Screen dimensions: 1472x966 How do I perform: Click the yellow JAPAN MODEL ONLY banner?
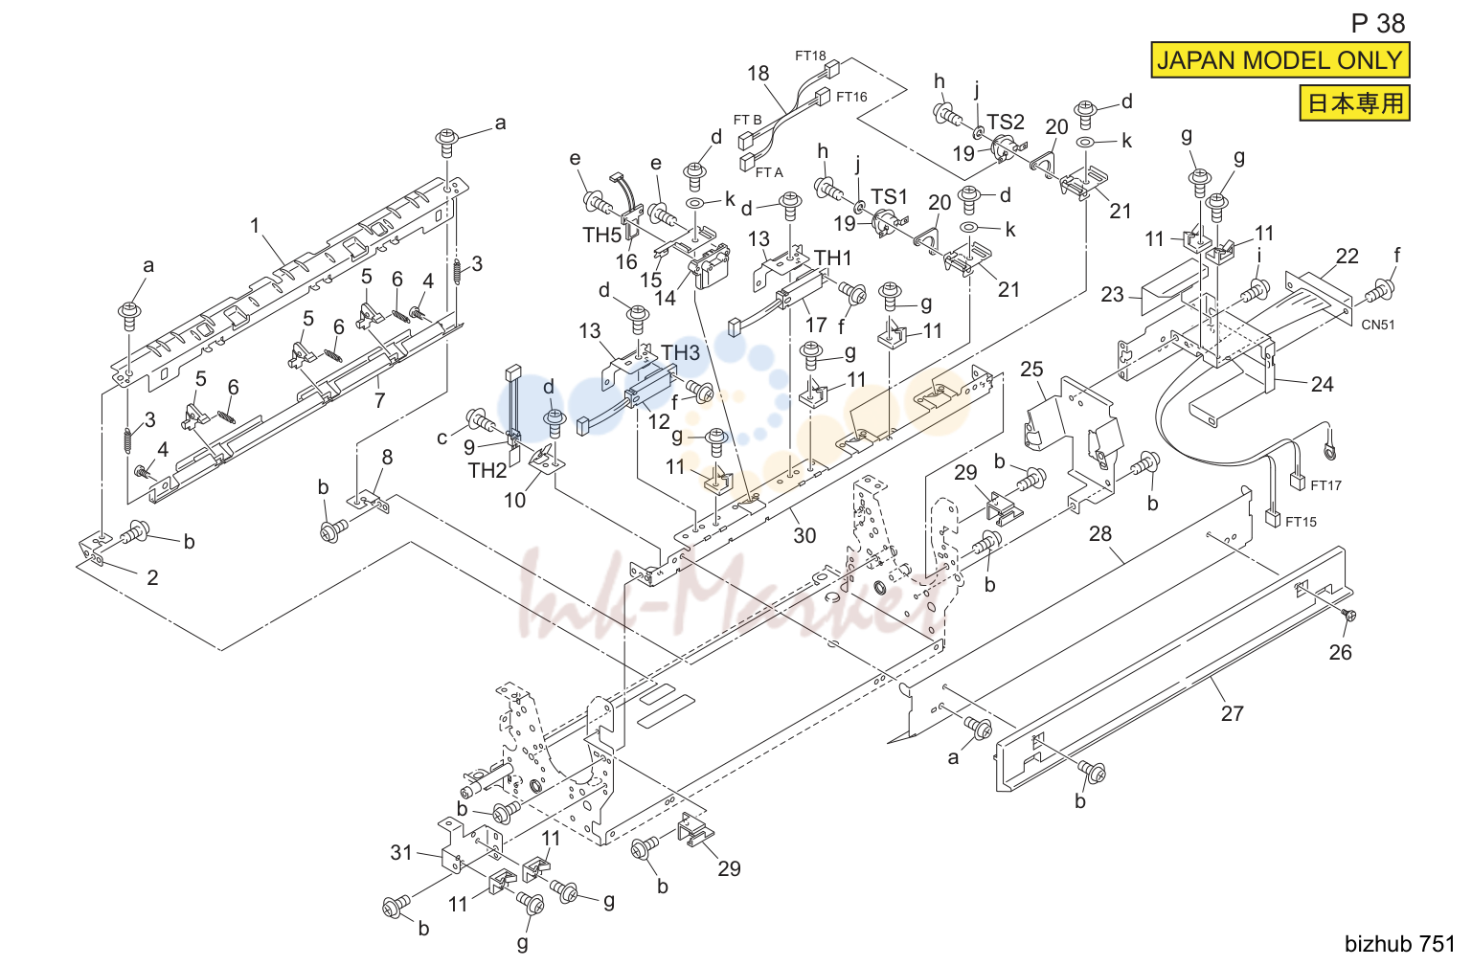(1280, 60)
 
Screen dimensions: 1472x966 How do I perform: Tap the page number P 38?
(1377, 24)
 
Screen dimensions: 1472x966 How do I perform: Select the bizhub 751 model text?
(1400, 944)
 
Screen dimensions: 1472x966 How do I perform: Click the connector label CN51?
(1378, 325)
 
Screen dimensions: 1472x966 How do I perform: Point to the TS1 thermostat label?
(889, 196)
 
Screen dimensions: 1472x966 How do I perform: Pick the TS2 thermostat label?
(1006, 122)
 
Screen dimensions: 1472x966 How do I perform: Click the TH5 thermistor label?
(602, 235)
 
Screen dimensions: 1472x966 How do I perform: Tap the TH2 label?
(487, 470)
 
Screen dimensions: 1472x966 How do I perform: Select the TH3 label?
(680, 352)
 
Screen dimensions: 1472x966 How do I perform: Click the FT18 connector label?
(810, 56)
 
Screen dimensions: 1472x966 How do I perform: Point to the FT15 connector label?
(1302, 522)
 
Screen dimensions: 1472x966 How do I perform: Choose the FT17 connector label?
(1326, 485)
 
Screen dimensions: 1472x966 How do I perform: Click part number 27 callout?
(1233, 713)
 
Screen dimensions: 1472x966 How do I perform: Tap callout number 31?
(401, 852)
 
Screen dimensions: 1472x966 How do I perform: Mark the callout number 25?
(1031, 369)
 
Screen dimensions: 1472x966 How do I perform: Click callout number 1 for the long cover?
(255, 226)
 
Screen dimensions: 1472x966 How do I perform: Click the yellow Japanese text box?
(1355, 103)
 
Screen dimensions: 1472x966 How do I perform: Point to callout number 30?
(804, 536)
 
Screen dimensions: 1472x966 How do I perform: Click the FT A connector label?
(769, 172)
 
